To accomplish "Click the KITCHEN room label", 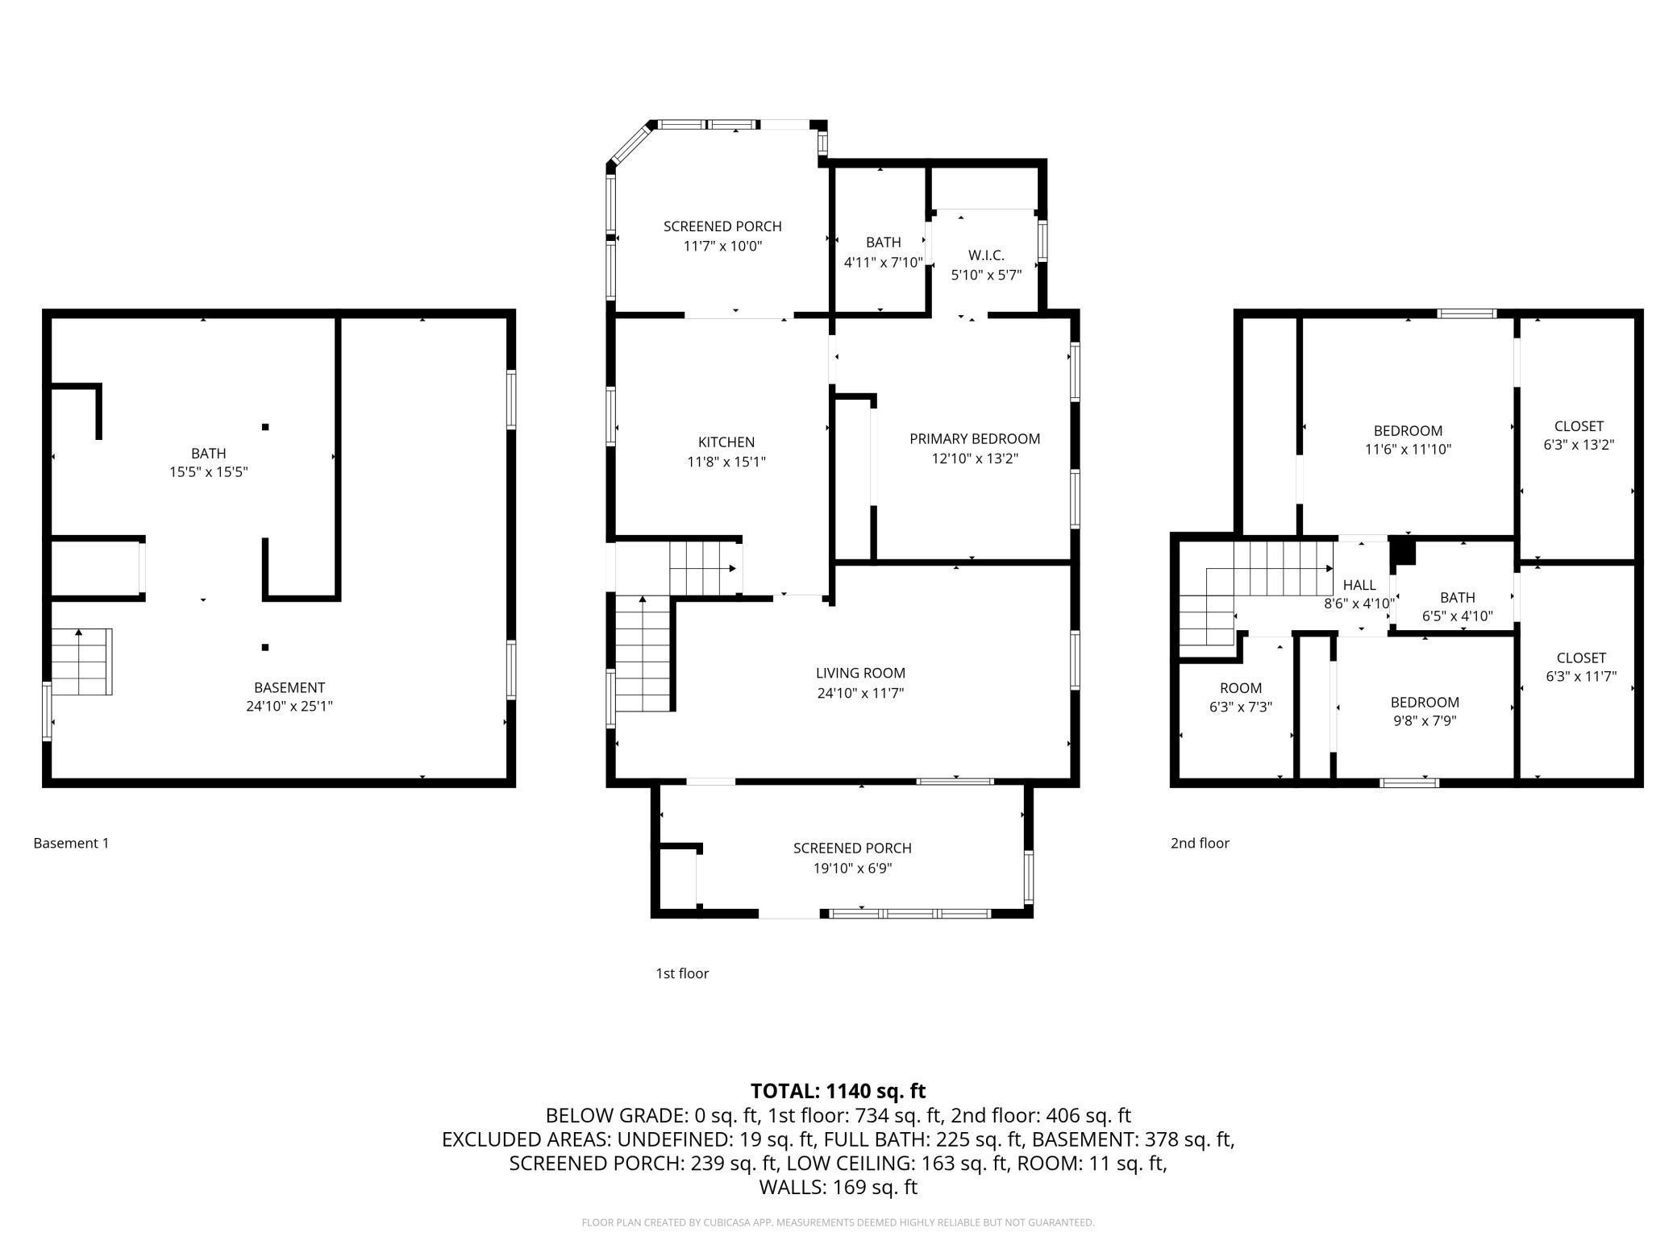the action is click(726, 442).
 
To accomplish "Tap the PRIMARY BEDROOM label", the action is click(975, 439).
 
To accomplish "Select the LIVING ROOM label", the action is click(860, 673).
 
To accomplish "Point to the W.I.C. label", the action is click(986, 255).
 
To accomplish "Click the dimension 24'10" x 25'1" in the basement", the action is click(289, 707).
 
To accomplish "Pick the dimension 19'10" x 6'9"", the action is click(852, 869).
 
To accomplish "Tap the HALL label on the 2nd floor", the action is click(1359, 585).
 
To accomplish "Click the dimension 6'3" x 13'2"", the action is click(1579, 445).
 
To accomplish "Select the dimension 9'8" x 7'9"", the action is click(1425, 721).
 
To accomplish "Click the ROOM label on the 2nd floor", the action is click(1241, 688).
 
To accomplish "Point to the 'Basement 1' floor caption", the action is click(71, 843).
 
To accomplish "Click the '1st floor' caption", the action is click(682, 973).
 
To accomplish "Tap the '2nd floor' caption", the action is click(1200, 843).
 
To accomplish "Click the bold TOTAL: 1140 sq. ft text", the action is click(838, 1091).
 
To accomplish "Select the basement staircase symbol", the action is click(81, 662).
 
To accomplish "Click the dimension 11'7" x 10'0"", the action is click(722, 246).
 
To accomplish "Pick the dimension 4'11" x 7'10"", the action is click(884, 262).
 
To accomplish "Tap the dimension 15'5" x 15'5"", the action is click(208, 472).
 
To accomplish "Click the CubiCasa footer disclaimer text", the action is click(838, 1222).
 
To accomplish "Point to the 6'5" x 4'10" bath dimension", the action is click(1458, 616).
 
